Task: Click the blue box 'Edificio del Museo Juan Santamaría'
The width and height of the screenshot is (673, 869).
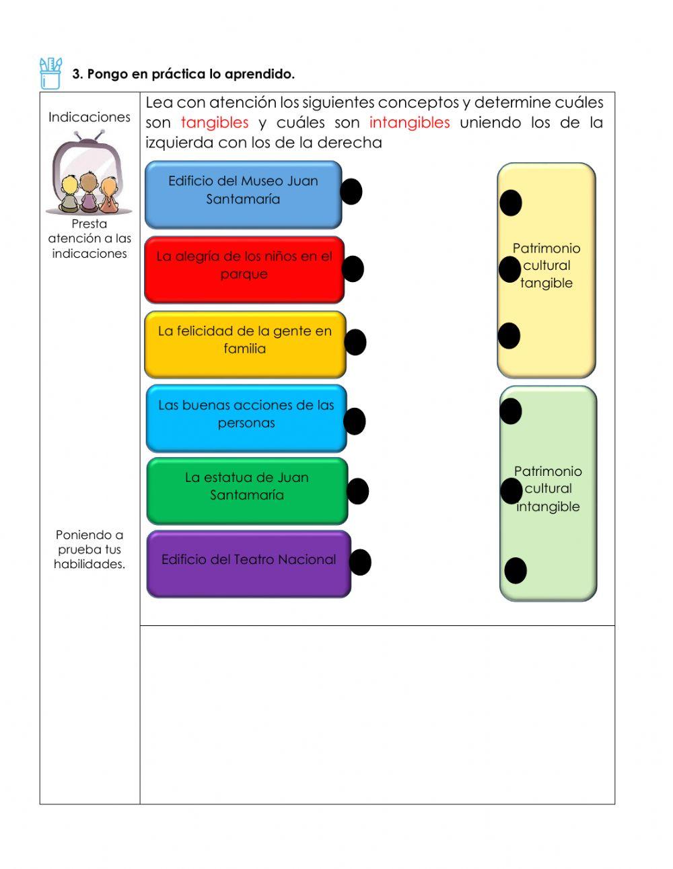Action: pos(243,194)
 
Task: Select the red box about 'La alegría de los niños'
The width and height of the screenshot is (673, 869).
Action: pos(244,269)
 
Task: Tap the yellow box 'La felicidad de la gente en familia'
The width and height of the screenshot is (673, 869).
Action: pos(244,344)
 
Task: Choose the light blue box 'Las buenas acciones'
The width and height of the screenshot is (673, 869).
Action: pos(246,418)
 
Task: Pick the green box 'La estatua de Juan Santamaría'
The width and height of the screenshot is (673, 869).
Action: pos(246,491)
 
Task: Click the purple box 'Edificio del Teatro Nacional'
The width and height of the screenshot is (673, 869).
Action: pos(248,563)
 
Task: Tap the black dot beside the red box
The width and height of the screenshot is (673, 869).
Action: pos(353,269)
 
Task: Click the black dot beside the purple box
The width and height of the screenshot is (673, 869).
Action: pos(360,562)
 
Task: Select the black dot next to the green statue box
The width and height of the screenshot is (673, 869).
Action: pos(357,491)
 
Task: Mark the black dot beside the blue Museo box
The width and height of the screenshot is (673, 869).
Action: pos(351,192)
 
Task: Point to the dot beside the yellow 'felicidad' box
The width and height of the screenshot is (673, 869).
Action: pos(355,342)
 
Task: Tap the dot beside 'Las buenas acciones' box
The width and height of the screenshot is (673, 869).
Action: pos(354,421)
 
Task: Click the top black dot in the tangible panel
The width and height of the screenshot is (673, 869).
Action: pos(511,203)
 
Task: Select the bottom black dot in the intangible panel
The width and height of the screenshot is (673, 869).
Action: pos(516,571)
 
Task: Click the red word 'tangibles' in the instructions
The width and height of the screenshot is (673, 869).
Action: pos(215,123)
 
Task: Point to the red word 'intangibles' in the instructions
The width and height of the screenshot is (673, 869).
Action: pos(409,123)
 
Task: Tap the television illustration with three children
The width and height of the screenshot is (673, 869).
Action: pos(89,173)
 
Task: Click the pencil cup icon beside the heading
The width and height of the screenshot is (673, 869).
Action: pos(50,73)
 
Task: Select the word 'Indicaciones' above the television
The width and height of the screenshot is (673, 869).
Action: pos(90,117)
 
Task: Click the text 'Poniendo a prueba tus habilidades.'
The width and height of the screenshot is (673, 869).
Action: pos(90,549)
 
